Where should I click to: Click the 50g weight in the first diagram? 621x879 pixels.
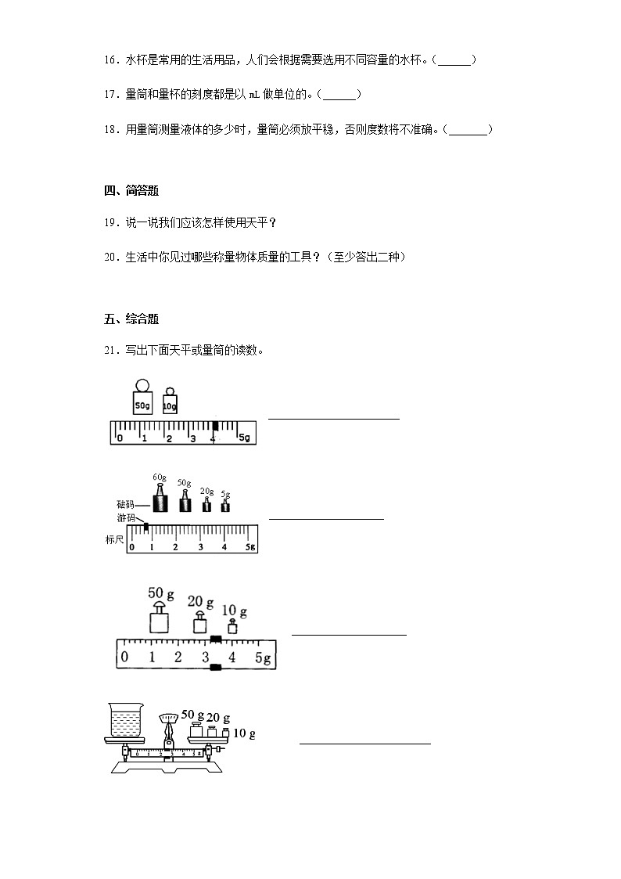[142, 402]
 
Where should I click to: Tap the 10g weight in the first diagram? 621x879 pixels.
[170, 403]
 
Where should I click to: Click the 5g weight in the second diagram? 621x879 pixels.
[225, 505]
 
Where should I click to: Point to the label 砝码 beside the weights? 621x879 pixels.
[125, 506]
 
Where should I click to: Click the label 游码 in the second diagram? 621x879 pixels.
[125, 518]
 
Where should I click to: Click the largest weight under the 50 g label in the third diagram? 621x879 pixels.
[160, 621]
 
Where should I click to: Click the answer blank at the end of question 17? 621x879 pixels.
[340, 95]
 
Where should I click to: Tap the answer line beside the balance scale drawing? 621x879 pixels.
[364, 743]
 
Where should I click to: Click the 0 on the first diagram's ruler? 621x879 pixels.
[120, 438]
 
